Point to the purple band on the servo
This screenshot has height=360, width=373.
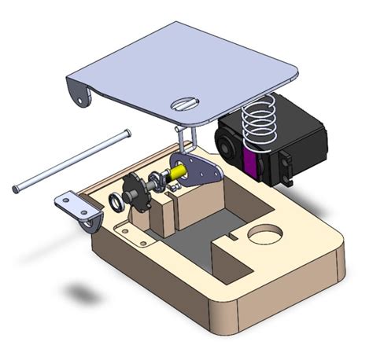(x=251, y=163)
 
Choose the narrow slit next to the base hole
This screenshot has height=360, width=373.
(x=232, y=235)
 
